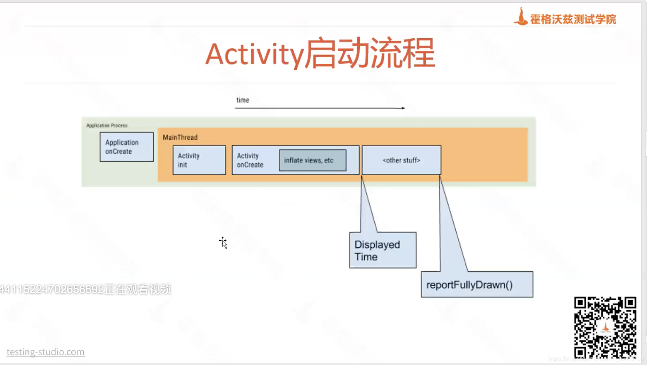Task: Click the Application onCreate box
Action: pos(127,147)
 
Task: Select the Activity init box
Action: pos(199,160)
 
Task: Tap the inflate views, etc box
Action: pos(313,160)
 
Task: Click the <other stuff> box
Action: pos(401,160)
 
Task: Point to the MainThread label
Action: pos(180,137)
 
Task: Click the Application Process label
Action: pos(107,125)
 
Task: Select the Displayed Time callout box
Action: pos(383,250)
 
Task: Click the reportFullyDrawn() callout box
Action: pos(477,285)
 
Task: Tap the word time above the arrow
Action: pos(243,100)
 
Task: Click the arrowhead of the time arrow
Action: pos(403,108)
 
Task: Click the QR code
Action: pos(605,327)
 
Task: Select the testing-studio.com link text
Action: pos(46,352)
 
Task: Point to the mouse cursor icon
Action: pos(223,242)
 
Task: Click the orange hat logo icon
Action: pos(521,17)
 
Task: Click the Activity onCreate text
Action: pos(250,160)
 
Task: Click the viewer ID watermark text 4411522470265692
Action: pos(52,289)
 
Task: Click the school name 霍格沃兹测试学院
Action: pos(573,19)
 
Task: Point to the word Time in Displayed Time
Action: pos(366,257)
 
